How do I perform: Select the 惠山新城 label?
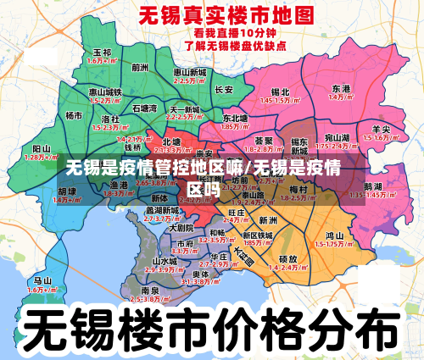pos(190,73)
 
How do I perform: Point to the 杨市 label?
pos(75,115)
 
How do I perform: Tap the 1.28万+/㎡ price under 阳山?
pos(39,157)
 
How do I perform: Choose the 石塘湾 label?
pos(145,108)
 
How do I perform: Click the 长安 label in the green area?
pos(224,89)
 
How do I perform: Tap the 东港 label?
pos(341,88)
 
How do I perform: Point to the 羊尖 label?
pos(381,129)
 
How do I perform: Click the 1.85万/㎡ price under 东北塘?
pos(234,126)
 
